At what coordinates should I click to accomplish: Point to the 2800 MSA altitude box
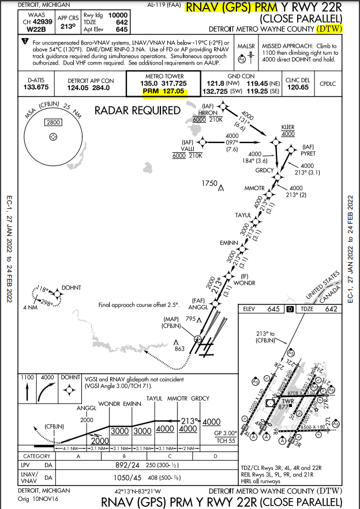tap(53, 122)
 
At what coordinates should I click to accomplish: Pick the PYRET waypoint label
tap(308, 153)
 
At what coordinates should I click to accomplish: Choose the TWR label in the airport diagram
tap(287, 401)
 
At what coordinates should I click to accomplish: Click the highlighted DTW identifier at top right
tap(331, 28)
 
